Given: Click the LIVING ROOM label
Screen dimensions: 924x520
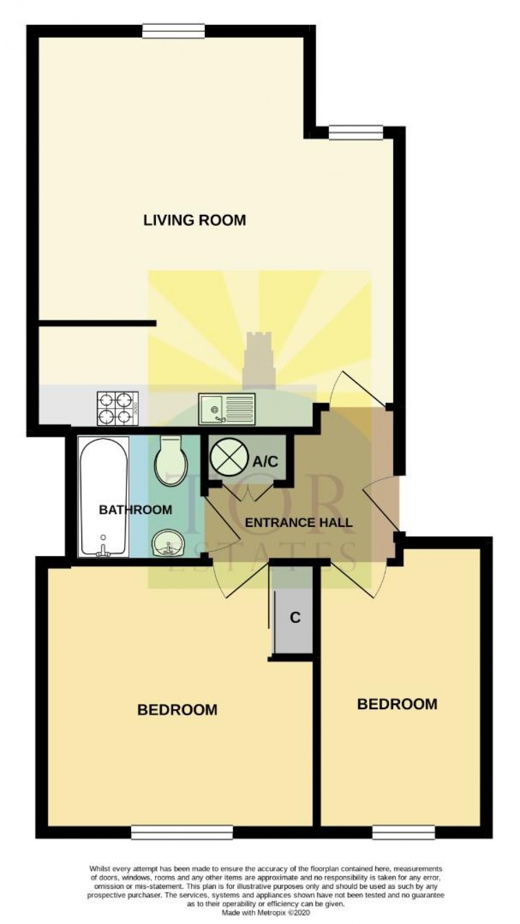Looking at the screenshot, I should tap(195, 220).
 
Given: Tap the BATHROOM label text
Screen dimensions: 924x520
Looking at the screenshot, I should tap(136, 510).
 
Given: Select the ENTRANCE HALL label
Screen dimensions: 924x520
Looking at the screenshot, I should tap(299, 523).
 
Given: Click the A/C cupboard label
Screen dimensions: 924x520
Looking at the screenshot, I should tap(265, 461).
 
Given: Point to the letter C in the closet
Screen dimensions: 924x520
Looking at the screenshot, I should tap(296, 617).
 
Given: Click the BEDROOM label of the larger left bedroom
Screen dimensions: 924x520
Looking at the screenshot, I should tap(177, 709).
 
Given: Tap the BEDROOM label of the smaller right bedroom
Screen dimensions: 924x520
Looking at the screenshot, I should tap(397, 704).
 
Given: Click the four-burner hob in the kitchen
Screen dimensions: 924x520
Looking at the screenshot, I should tap(118, 408).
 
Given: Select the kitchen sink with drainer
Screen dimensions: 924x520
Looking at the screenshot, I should tap(227, 409).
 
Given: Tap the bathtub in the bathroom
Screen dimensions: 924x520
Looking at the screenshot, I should tap(104, 497).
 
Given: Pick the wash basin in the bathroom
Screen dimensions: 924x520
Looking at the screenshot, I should tap(168, 544).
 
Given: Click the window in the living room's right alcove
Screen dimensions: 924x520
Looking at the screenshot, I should tap(356, 132).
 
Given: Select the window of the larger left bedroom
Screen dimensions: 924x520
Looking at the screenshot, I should tap(182, 834).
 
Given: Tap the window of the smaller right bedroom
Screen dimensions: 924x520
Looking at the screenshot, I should tap(403, 834).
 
